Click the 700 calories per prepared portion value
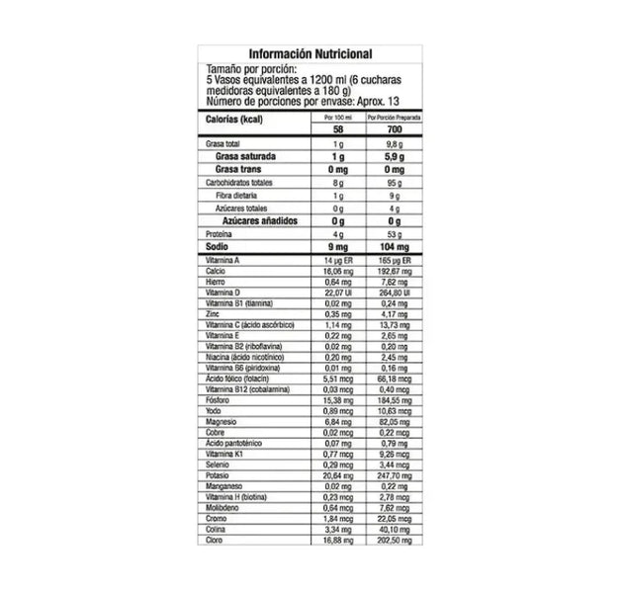[387, 129]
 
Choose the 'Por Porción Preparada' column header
[387, 115]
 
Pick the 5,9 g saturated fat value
[387, 157]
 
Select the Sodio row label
[220, 247]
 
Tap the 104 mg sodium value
[387, 247]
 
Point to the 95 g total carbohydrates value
[387, 183]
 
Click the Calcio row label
[217, 271]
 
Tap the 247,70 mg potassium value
[387, 475]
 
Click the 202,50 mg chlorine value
[387, 539]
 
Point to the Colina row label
[217, 528]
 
